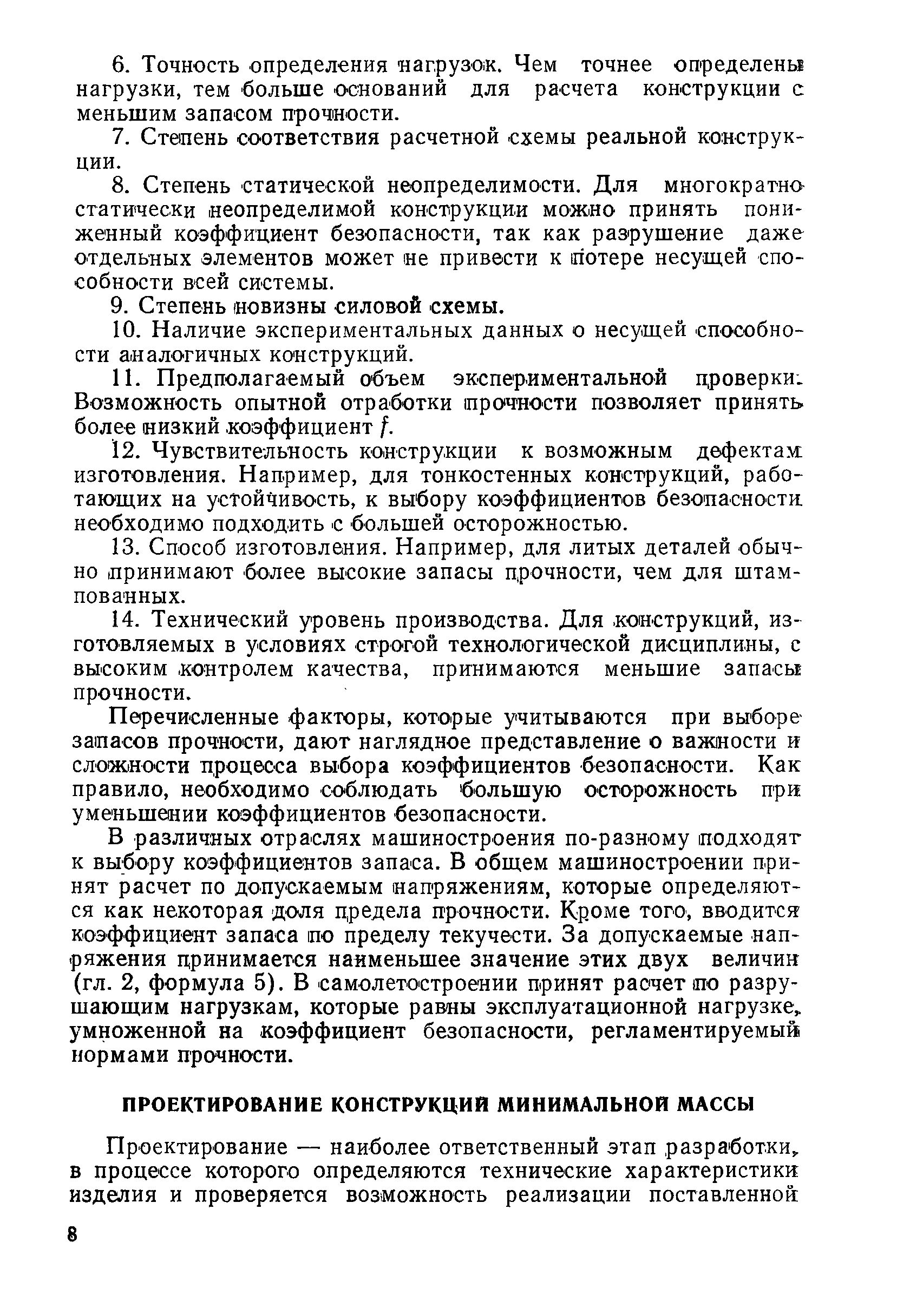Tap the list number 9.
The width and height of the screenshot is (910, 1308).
119,306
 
